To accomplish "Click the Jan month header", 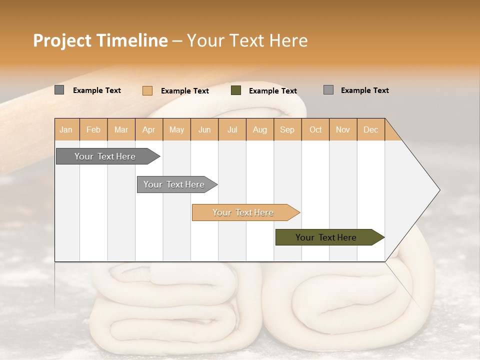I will click(x=66, y=129).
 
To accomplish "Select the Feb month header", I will click(x=93, y=129).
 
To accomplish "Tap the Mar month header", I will click(x=121, y=129).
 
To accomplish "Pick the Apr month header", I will click(x=149, y=129).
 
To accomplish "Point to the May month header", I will click(x=176, y=129).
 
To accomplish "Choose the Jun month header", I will click(x=204, y=129).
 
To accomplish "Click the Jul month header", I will click(x=232, y=129).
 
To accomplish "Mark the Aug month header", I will click(x=260, y=129).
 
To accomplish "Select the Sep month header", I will click(x=287, y=129).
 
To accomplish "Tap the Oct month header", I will click(x=315, y=129).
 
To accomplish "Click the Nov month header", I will click(x=343, y=129).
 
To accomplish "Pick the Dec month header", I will click(x=371, y=129).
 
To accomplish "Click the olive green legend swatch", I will click(x=236, y=90).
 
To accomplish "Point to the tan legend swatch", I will click(x=147, y=90).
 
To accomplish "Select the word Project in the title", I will click(x=62, y=40).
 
